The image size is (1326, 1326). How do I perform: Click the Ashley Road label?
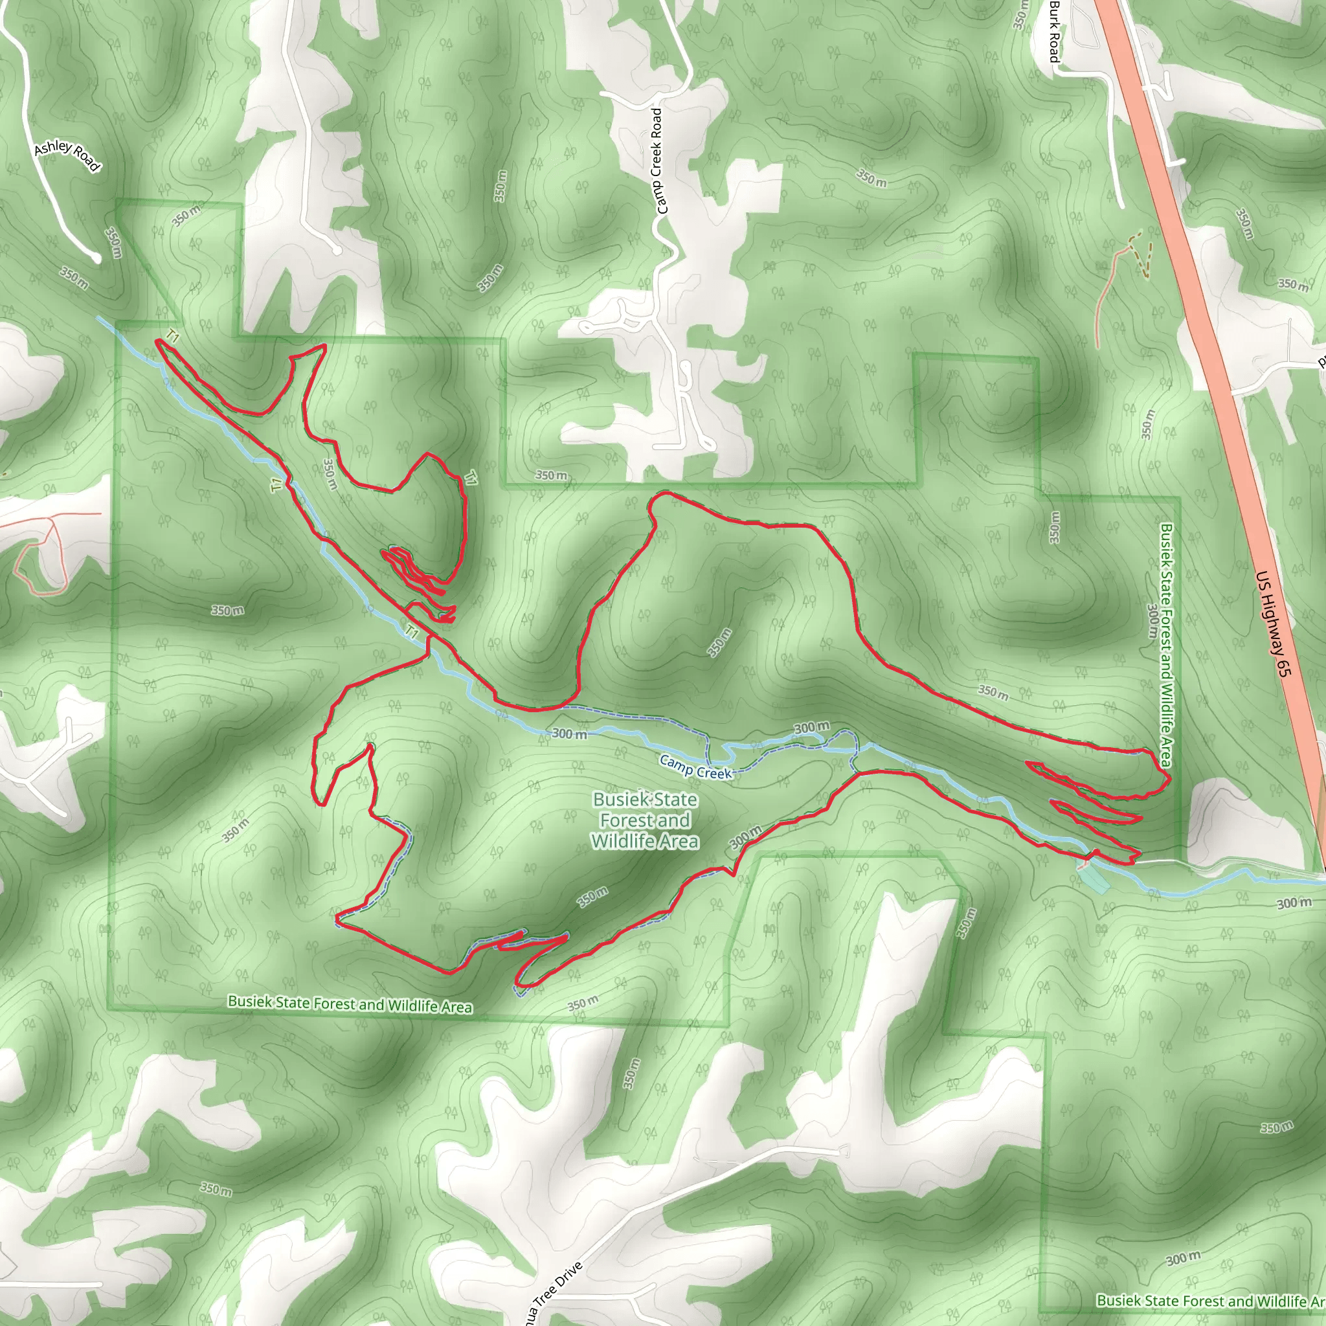pyautogui.click(x=67, y=156)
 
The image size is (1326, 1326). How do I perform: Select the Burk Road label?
pyautogui.click(x=1054, y=31)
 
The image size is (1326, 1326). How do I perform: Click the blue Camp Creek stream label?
pyautogui.click(x=695, y=767)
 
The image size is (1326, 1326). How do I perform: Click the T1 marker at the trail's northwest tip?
pyautogui.click(x=172, y=337)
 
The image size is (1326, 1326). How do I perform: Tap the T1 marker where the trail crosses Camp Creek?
pyautogui.click(x=411, y=631)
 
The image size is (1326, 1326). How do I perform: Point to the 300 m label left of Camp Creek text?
pyautogui.click(x=569, y=734)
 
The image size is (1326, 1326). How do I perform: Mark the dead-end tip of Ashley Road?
pyautogui.click(x=96, y=258)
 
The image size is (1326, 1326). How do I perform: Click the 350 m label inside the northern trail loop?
pyautogui.click(x=330, y=474)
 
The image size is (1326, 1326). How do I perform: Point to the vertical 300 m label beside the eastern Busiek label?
pyautogui.click(x=1152, y=621)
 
